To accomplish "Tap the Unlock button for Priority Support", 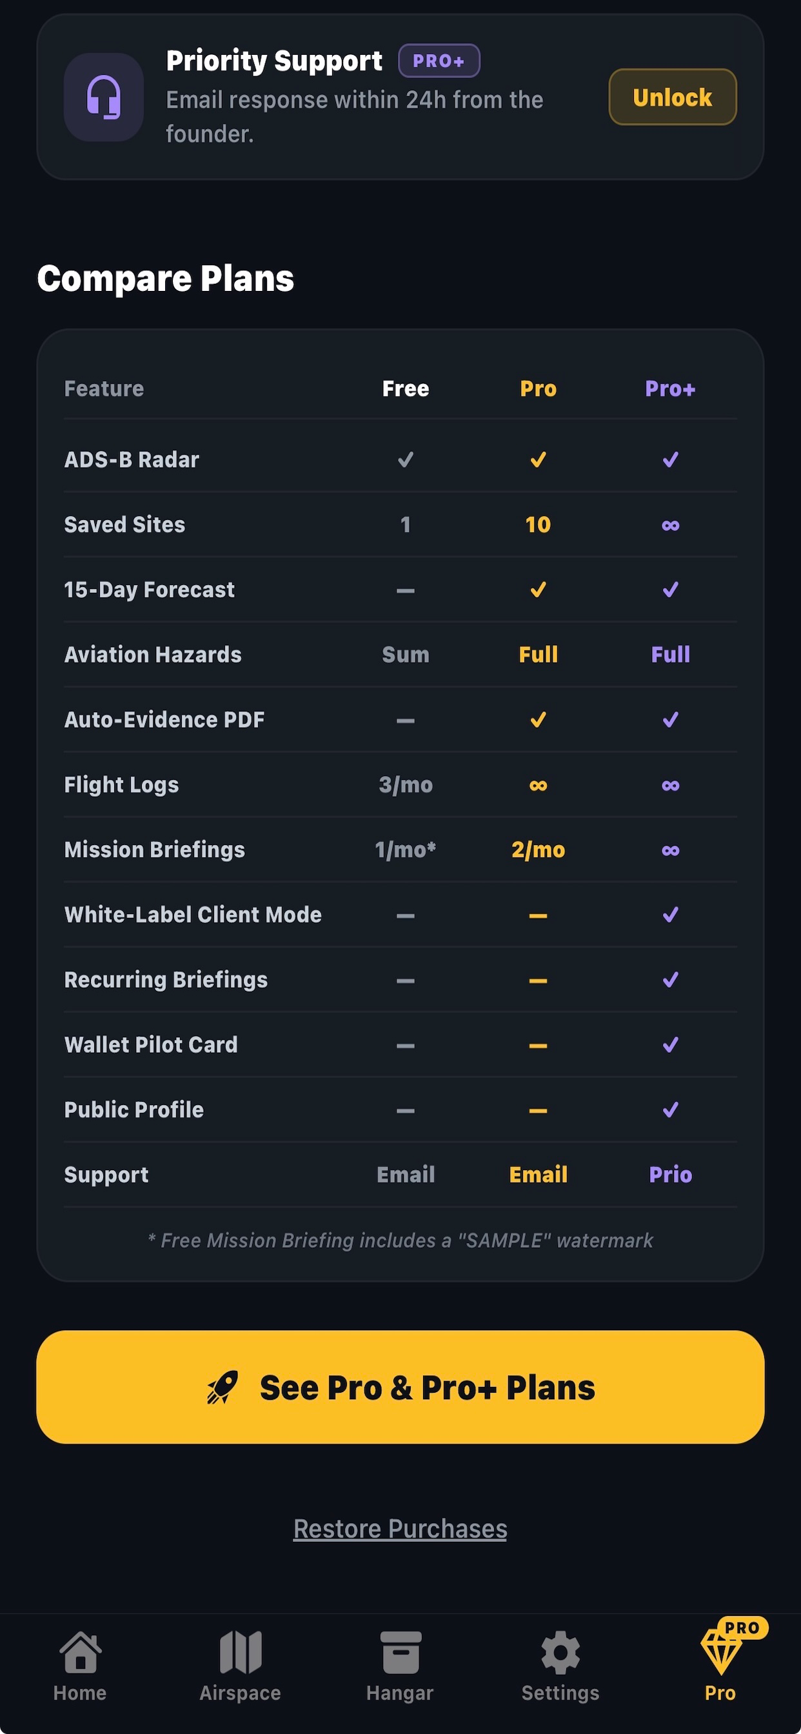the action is [673, 97].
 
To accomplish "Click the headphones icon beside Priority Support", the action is [104, 97].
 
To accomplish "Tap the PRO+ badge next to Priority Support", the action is [439, 61].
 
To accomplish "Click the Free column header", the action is [405, 388].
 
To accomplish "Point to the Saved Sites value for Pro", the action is [538, 524].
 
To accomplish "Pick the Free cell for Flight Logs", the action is [405, 784].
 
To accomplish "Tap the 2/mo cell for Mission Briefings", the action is [538, 850].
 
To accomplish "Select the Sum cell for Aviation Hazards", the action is [405, 654].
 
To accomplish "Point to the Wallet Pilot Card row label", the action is [151, 1044].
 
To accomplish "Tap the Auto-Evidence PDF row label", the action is [164, 719].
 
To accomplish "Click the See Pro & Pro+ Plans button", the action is [400, 1387].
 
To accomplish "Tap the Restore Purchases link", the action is [400, 1529].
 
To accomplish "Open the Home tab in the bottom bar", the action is [80, 1666].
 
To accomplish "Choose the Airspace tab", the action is [241, 1666].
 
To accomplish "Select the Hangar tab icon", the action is [400, 1652].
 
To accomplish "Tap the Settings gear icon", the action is [560, 1652].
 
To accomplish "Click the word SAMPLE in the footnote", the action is [504, 1240].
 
